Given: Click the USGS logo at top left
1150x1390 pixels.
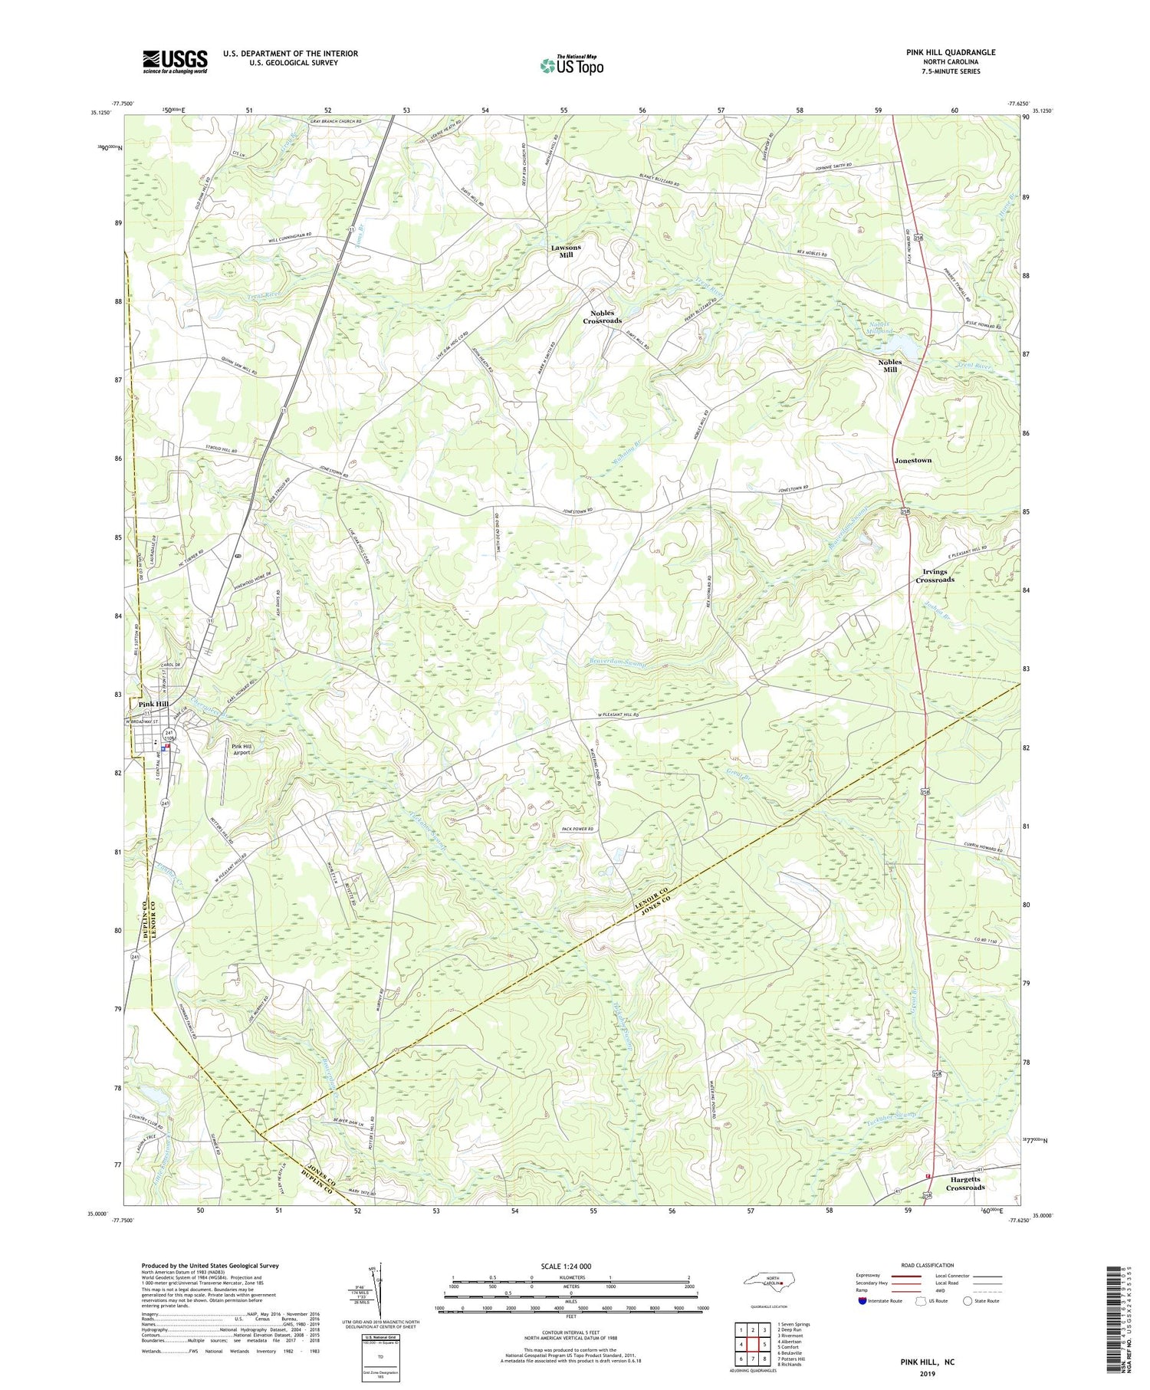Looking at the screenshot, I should point(175,61).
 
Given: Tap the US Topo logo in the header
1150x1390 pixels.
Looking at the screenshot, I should point(571,66).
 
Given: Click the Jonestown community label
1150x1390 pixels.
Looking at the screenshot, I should point(912,460).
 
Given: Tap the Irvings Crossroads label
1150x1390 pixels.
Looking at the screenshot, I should point(935,576).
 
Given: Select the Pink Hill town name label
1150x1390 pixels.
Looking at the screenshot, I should point(153,704).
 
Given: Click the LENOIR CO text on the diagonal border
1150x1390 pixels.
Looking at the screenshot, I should point(650,891).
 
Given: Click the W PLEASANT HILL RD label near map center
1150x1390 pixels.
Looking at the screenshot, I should point(628,716).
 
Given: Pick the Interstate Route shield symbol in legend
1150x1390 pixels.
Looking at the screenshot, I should point(862,1301).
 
